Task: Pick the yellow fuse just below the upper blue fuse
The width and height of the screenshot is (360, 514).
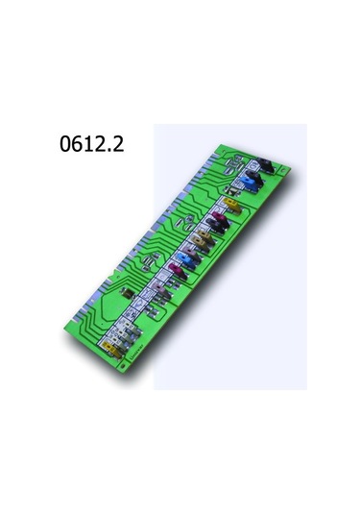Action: coord(231,205)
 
